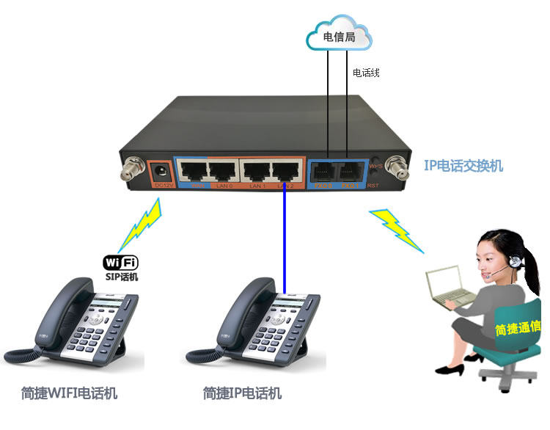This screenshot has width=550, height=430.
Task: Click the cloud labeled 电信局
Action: coord(340,36)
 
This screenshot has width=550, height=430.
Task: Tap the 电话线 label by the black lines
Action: coord(366,73)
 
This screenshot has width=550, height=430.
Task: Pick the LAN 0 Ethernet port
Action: coord(223,172)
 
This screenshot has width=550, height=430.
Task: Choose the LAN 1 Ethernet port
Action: coord(257,172)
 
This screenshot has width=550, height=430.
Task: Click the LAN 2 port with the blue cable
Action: coord(287,172)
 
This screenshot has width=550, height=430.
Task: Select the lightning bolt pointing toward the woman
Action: coord(396,229)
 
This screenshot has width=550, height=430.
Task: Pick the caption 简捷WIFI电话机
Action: coord(70,393)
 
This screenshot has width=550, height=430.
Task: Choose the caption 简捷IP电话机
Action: coord(243,393)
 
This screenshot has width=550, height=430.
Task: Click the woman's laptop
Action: coord(450,285)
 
